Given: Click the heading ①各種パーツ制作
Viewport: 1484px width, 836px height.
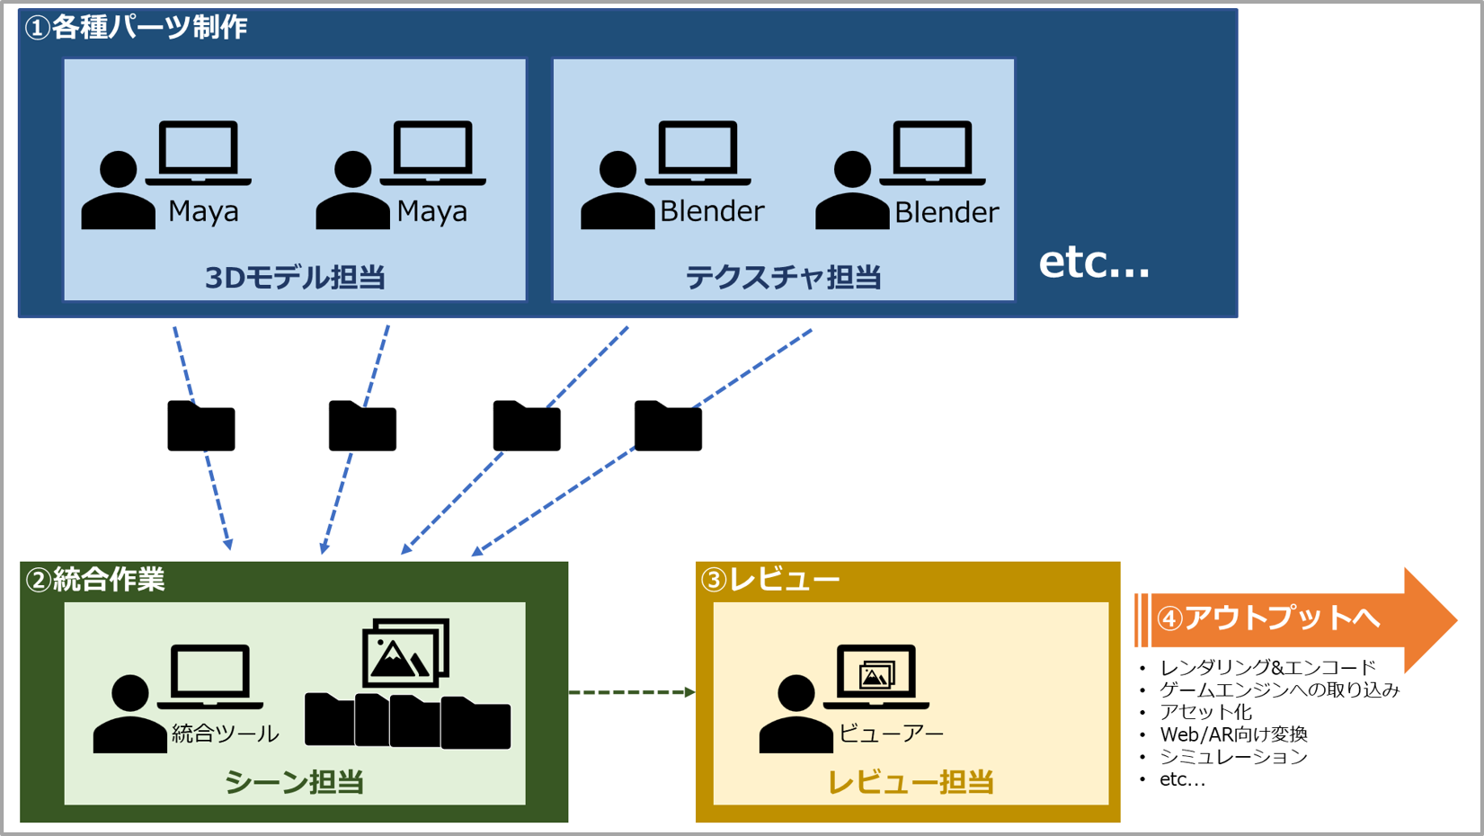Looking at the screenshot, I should pyautogui.click(x=137, y=28).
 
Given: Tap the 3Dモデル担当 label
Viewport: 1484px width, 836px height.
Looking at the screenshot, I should pyautogui.click(x=295, y=278).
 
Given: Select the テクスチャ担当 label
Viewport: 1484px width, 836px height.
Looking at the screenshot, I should pyautogui.click(x=783, y=278).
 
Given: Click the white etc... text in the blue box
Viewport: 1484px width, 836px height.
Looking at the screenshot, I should pyautogui.click(x=1094, y=262).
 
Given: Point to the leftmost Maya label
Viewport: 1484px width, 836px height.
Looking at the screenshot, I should pyautogui.click(x=203, y=212).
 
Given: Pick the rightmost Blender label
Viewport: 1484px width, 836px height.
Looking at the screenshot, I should pyautogui.click(x=946, y=213).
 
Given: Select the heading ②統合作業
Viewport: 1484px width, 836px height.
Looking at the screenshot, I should pyautogui.click(x=95, y=580).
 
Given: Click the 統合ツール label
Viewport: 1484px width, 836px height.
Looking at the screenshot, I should pyautogui.click(x=225, y=734).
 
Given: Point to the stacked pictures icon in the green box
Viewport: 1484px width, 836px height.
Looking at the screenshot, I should pyautogui.click(x=405, y=653).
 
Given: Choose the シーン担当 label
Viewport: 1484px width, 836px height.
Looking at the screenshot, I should pyautogui.click(x=294, y=782).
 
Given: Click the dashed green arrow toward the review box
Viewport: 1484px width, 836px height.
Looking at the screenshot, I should pyautogui.click(x=631, y=692).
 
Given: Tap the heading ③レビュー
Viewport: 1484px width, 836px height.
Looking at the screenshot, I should pyautogui.click(x=770, y=580).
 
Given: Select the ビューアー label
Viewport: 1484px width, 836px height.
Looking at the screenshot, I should pyautogui.click(x=891, y=734).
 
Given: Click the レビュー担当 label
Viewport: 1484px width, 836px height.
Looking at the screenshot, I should pyautogui.click(x=910, y=782).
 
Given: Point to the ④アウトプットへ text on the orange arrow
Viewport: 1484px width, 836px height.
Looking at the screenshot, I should pyautogui.click(x=1268, y=618).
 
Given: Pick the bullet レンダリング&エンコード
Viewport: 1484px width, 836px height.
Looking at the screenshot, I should pyautogui.click(x=1267, y=668).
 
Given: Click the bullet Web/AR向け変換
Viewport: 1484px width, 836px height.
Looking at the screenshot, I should pyautogui.click(x=1233, y=734).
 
